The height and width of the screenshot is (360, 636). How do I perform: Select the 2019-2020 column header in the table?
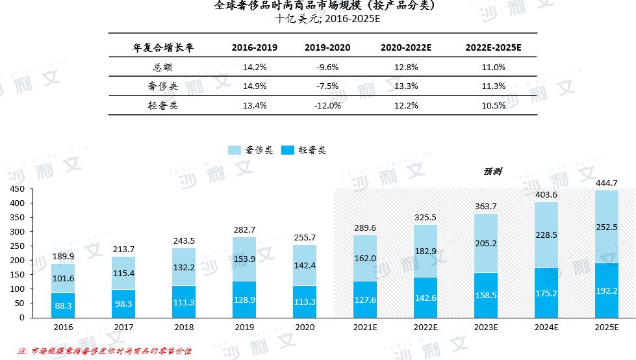pos(327,47)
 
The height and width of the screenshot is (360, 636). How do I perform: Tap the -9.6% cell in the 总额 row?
pos(327,67)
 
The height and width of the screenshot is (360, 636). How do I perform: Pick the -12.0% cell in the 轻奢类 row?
pos(327,106)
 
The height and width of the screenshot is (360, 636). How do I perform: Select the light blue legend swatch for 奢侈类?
pos(235,150)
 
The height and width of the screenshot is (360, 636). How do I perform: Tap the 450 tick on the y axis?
pos(18,189)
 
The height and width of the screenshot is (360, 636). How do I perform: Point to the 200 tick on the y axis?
pos(18,261)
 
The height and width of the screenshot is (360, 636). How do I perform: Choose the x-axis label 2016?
pos(64,328)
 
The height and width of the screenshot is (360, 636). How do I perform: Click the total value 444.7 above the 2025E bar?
pos(606,183)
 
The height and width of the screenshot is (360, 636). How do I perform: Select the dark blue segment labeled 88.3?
pos(64,305)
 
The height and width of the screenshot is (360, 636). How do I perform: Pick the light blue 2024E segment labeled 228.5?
pos(546,235)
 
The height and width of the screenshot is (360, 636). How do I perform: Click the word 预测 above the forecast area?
pos(492,172)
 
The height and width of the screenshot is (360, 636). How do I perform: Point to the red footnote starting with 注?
pos(105,351)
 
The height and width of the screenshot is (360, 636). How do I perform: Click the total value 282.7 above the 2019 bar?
pos(245,229)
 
